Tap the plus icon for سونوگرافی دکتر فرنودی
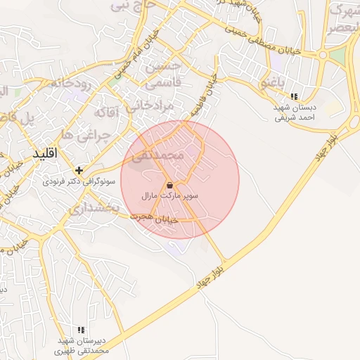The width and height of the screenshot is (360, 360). [x=79, y=169]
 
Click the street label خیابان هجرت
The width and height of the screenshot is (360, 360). [x=157, y=219]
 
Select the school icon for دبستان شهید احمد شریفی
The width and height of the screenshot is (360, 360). [x=295, y=96]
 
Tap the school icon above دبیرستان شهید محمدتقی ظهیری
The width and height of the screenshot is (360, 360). [x=82, y=329]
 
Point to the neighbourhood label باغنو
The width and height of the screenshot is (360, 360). [x=274, y=82]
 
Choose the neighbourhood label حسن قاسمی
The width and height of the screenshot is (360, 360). [x=163, y=74]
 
